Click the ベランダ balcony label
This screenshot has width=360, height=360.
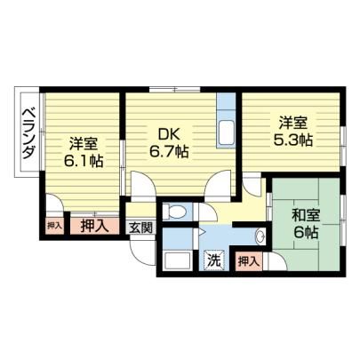click(x=29, y=133)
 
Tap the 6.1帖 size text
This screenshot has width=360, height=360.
click(x=84, y=162)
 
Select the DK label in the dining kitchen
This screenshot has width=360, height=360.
click(x=169, y=135)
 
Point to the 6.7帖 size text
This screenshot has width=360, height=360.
click(x=169, y=152)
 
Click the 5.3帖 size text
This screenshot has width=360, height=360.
click(x=292, y=140)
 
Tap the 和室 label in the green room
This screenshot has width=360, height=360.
click(x=306, y=216)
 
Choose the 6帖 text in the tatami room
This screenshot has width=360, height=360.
click(x=306, y=233)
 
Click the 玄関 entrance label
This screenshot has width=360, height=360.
click(x=140, y=228)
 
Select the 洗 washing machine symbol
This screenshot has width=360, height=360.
click(x=214, y=260)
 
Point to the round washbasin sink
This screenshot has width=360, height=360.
click(x=260, y=236)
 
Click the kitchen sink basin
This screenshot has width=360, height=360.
click(x=227, y=132)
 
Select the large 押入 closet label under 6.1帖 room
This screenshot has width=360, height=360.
click(x=93, y=227)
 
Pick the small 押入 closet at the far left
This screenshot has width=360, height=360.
click(x=54, y=226)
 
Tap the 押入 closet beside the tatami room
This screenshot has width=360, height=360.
click(x=248, y=261)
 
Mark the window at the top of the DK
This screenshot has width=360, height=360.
click(x=174, y=89)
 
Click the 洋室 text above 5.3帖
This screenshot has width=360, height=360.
click(x=292, y=124)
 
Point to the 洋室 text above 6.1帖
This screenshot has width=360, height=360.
click(x=84, y=145)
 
